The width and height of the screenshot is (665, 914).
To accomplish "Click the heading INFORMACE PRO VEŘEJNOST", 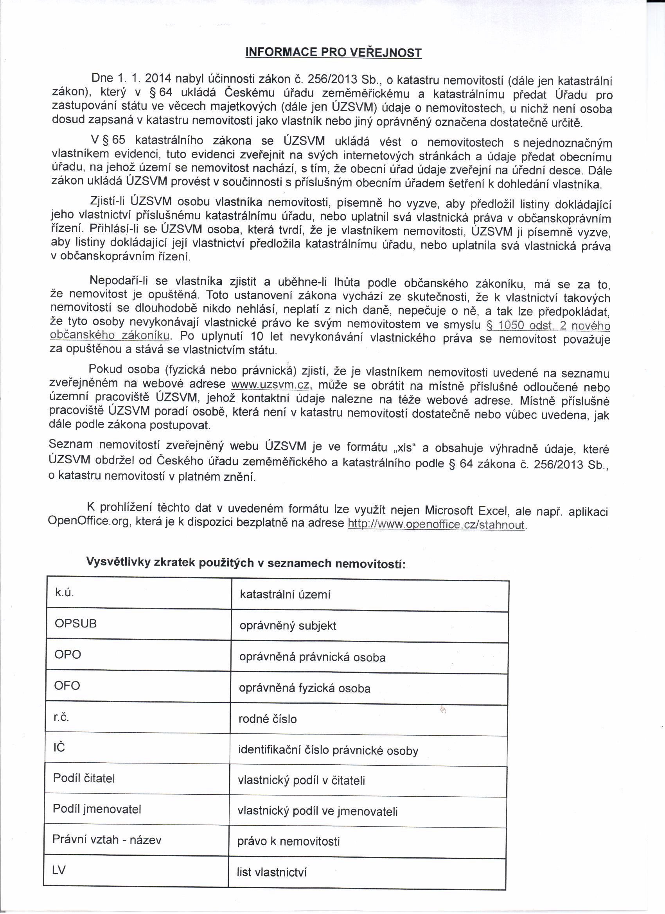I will pos(333,52).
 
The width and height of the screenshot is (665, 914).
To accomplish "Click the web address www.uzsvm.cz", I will pos(270,384).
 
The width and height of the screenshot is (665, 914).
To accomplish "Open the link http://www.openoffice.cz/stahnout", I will pos(436,524).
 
